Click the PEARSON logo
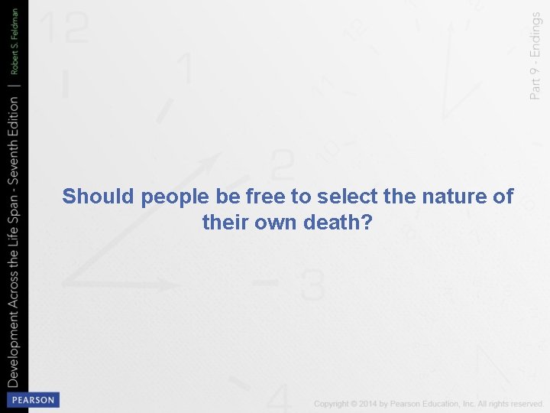point(31,400)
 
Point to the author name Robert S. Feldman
point(15,46)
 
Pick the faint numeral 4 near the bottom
point(280,396)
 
